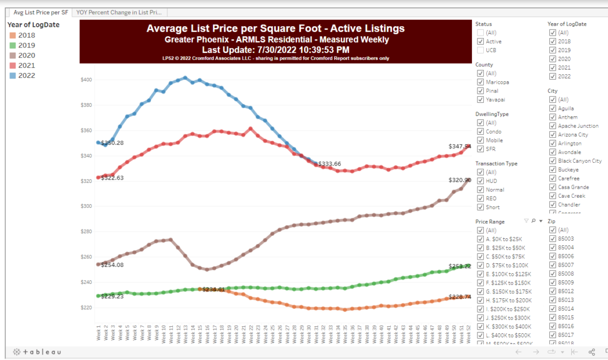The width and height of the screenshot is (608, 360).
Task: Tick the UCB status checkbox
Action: coord(481,50)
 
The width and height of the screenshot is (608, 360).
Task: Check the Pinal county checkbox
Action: coord(481,91)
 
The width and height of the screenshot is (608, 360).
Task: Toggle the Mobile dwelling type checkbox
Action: coord(481,140)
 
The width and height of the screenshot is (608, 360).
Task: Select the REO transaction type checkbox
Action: coord(481,198)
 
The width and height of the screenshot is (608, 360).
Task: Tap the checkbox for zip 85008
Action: coord(553,274)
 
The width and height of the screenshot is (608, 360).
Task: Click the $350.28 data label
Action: coord(112,143)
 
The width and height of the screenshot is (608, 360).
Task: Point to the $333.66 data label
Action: coord(330,164)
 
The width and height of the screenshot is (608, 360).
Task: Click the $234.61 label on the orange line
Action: coord(213,289)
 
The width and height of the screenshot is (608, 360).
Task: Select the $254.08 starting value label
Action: coord(112,265)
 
